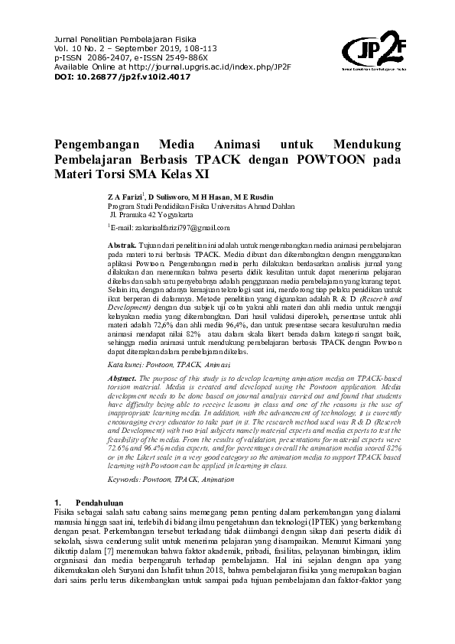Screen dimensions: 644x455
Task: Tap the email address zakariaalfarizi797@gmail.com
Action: tap(170, 228)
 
